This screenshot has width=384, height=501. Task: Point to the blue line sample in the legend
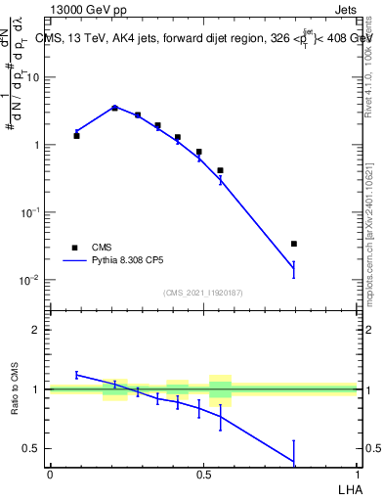[x=74, y=262]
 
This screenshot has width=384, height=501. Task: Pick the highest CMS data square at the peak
[x=114, y=108]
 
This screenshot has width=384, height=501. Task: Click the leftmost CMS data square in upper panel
[x=76, y=136]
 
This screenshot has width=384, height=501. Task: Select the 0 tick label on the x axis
[x=50, y=474]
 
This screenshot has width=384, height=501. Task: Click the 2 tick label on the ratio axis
[x=35, y=330]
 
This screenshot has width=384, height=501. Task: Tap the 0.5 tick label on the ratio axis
[x=31, y=449]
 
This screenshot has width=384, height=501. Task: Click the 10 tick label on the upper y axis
[x=31, y=77]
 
